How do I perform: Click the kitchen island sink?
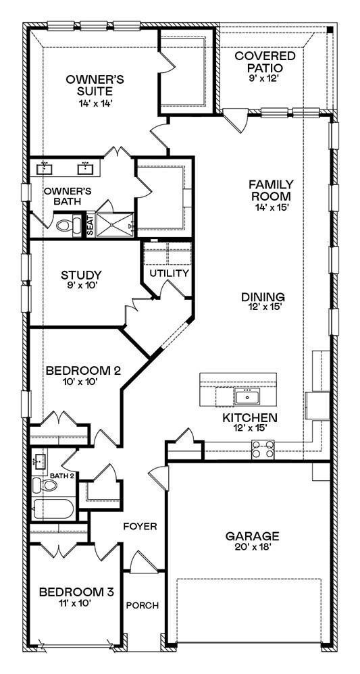(247, 394)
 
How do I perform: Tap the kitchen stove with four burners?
(263, 446)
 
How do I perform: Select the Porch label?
(142, 605)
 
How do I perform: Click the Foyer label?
(140, 525)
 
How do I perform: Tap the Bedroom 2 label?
(74, 370)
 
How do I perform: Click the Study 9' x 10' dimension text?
(81, 287)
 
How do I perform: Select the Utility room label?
(168, 274)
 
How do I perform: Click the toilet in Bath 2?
(48, 486)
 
